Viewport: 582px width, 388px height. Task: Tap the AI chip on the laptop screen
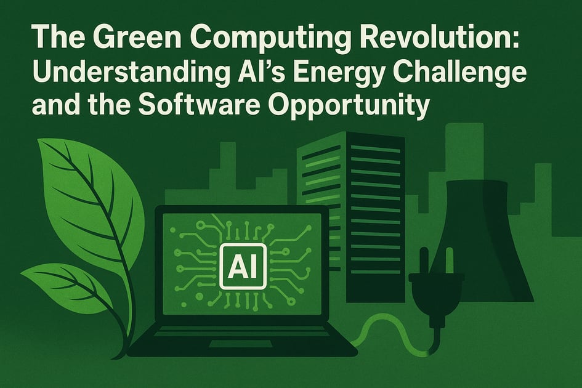click(x=243, y=265)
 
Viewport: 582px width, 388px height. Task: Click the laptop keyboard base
click(x=240, y=342)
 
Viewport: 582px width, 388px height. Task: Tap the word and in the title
click(x=54, y=106)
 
